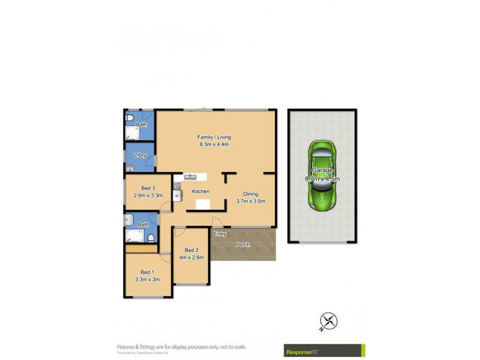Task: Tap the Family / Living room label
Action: click(x=214, y=137)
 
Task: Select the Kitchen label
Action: click(x=200, y=191)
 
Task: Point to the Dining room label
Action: click(x=251, y=193)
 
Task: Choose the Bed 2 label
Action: click(x=191, y=250)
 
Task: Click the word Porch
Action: click(x=242, y=245)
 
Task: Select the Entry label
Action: click(x=220, y=234)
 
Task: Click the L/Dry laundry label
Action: click(x=140, y=155)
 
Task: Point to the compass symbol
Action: click(x=328, y=321)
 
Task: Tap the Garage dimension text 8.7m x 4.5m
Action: click(x=322, y=179)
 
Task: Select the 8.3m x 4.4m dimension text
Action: click(x=214, y=144)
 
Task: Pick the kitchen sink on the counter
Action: click(x=191, y=177)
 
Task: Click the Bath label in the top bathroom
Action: click(x=141, y=125)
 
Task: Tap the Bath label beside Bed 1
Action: click(x=143, y=224)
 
